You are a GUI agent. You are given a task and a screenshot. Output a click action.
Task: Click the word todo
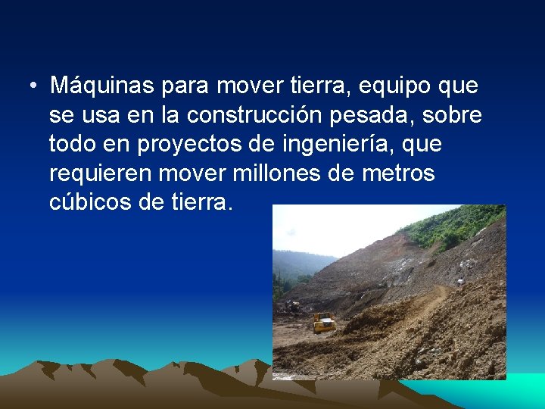[74, 143]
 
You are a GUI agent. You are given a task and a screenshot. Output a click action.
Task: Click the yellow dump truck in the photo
[324, 322]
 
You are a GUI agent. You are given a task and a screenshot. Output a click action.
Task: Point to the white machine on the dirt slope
[459, 282]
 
